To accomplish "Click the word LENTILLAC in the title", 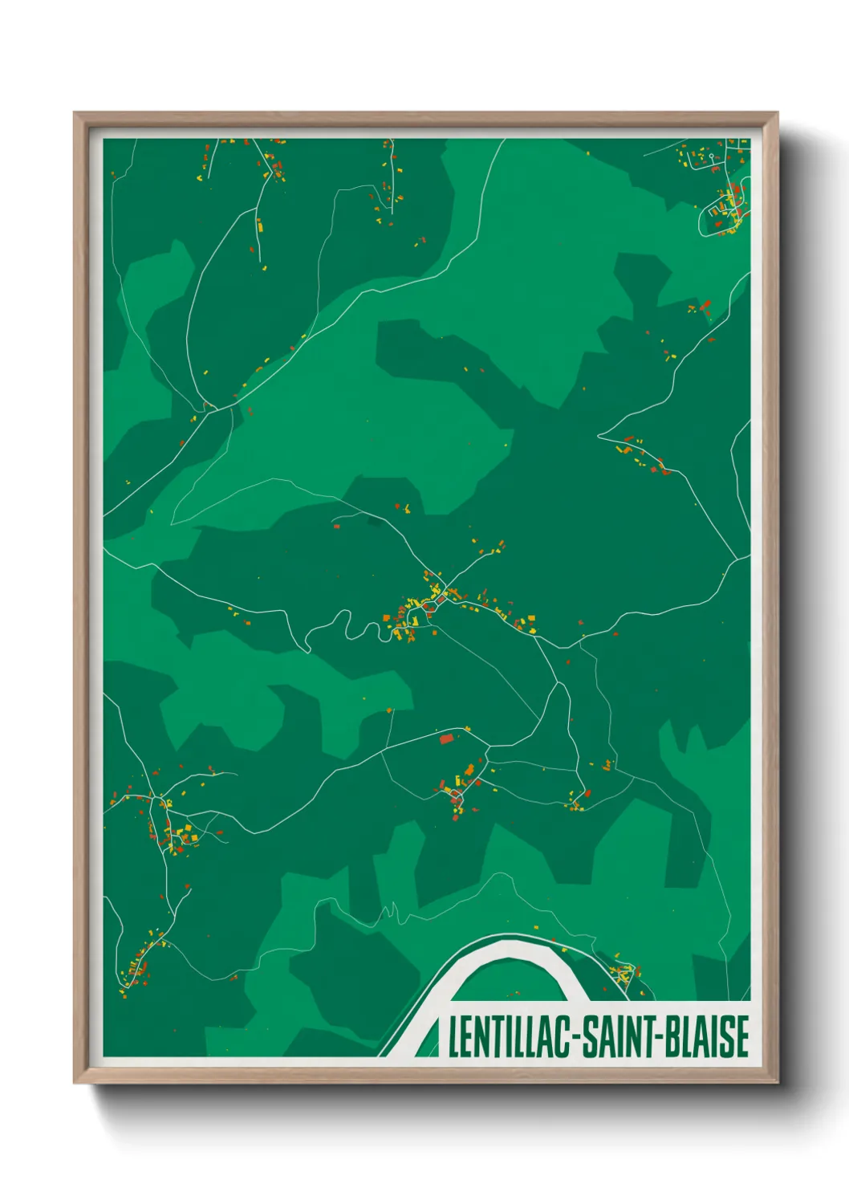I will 509,1036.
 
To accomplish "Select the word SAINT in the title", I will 617,1036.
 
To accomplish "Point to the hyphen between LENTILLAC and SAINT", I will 575,1038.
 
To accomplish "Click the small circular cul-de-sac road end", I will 711,156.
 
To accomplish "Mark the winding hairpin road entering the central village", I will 353,626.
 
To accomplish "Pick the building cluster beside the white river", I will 625,973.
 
